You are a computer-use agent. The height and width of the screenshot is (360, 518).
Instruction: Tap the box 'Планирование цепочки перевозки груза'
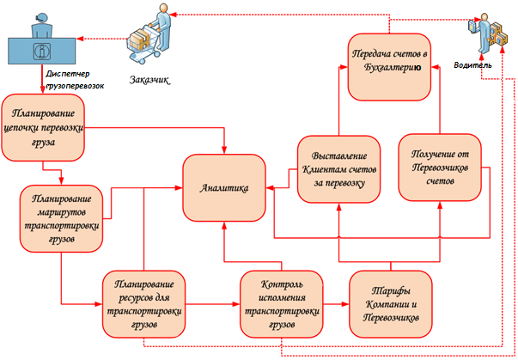coord(44,129)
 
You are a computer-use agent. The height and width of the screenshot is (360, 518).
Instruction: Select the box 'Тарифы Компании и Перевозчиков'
coord(390,303)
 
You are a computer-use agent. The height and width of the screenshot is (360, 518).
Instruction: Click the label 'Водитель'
coord(473,65)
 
